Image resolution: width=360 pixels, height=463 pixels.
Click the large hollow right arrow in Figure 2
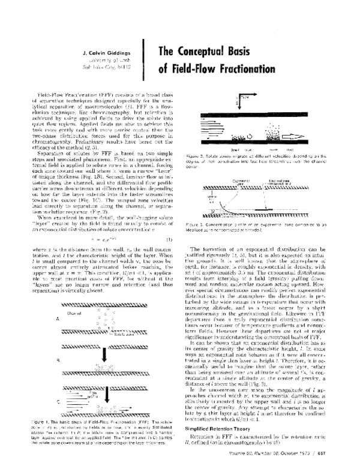(306, 137)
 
